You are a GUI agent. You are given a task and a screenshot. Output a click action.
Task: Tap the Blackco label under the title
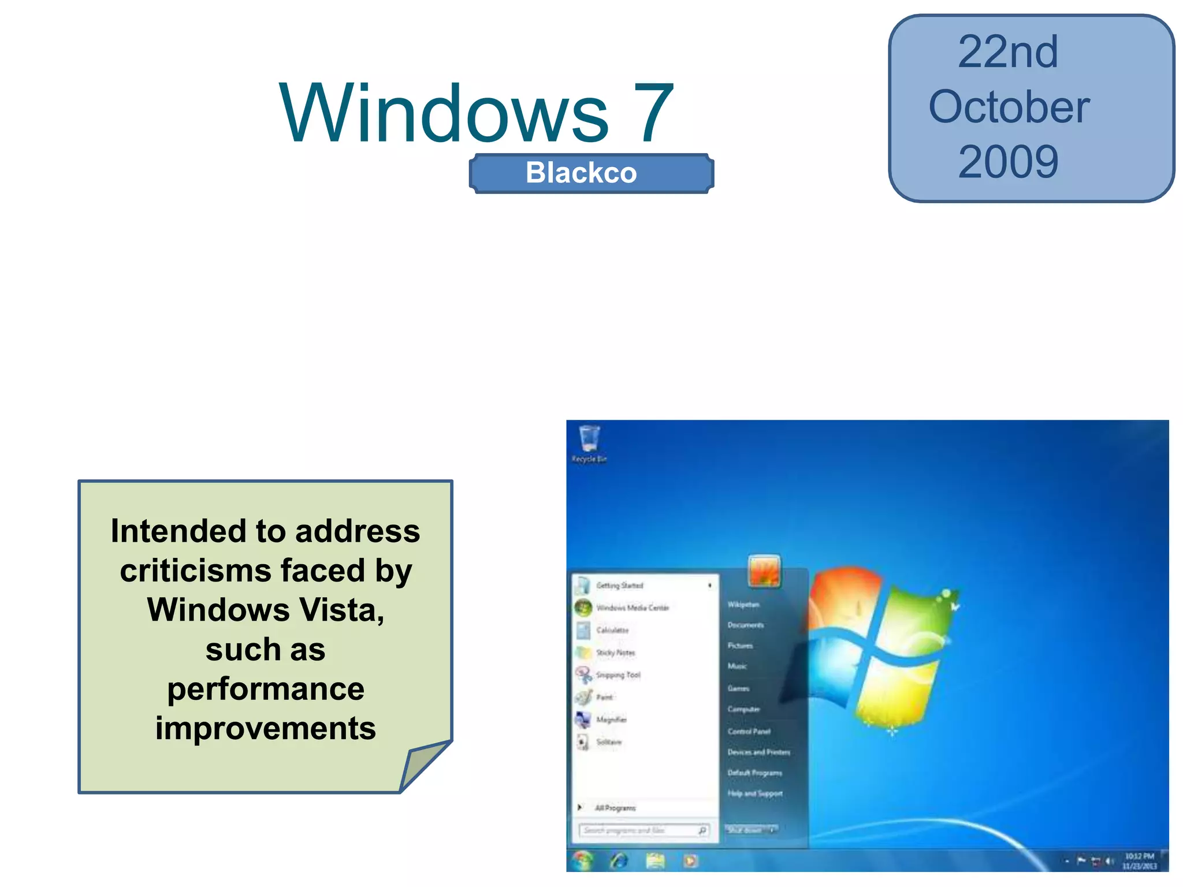coord(581,173)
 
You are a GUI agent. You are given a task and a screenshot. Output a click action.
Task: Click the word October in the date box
coord(1009,107)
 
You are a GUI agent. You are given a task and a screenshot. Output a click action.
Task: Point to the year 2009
coord(1008,162)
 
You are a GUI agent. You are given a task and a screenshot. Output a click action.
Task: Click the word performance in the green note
coord(266,689)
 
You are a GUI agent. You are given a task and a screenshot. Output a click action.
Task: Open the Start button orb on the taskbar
coord(582,860)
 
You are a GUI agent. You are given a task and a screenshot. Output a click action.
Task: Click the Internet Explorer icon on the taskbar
coord(619,861)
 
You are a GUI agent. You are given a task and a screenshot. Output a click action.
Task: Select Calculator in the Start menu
coord(612,630)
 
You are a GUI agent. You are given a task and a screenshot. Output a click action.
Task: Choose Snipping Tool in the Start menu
coord(617,674)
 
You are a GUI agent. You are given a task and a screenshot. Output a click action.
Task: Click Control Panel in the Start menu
coord(749,731)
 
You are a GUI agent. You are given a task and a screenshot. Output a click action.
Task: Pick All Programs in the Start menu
coord(615,808)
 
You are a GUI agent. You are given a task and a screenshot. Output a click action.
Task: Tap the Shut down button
coord(745,830)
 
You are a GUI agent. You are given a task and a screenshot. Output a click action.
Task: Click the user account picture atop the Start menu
coord(764,571)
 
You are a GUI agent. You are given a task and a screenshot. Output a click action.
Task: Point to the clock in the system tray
coord(1139,860)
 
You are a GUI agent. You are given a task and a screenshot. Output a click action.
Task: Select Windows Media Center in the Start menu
coord(632,608)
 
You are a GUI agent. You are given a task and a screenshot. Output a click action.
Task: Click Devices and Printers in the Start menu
coord(758,752)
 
